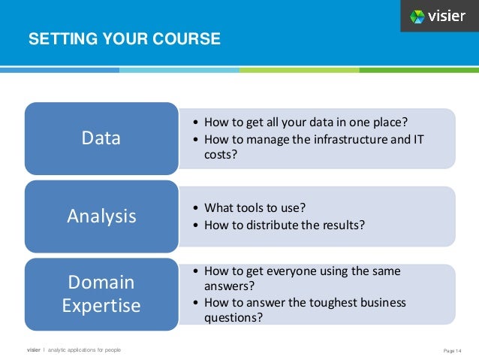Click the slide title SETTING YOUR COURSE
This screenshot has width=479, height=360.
(x=124, y=39)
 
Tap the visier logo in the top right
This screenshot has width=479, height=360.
(x=438, y=17)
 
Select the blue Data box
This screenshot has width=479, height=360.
(x=101, y=138)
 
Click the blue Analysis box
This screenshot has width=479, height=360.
(x=101, y=216)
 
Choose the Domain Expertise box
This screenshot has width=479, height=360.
(x=101, y=294)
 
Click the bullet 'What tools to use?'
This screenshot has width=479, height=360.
(x=255, y=207)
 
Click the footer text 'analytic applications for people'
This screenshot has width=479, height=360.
(x=84, y=350)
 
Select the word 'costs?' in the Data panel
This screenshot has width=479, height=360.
(x=220, y=154)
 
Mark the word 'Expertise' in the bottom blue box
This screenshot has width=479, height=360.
(x=101, y=306)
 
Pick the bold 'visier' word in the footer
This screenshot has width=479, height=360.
(x=35, y=350)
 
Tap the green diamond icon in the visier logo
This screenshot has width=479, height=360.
(x=417, y=17)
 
